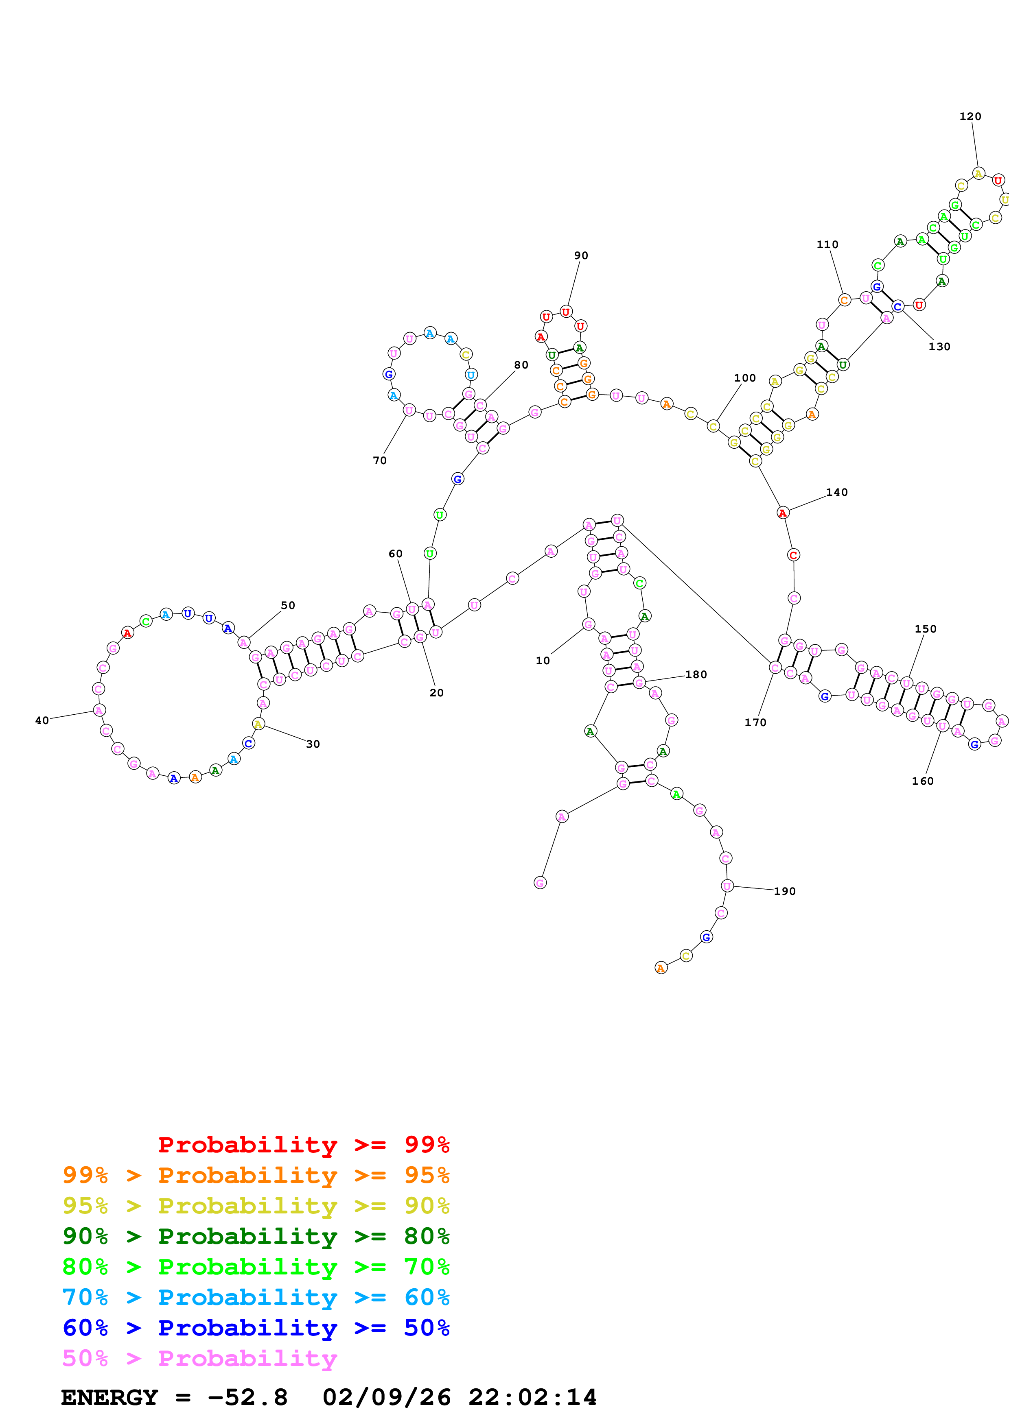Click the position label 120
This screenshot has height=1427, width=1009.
click(970, 116)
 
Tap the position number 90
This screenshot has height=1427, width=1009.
click(581, 255)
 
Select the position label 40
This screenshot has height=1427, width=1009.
click(42, 720)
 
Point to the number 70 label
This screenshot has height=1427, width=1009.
click(380, 460)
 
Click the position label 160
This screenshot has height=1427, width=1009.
click(923, 781)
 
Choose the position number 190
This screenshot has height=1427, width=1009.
click(785, 891)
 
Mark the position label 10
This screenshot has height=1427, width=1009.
click(543, 661)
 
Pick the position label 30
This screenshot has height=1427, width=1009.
click(313, 744)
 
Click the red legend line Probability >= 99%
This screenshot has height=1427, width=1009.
click(303, 1145)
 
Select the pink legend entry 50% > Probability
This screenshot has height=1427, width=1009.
click(199, 1358)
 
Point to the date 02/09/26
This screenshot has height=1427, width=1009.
click(386, 1397)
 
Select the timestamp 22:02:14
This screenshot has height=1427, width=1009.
click(532, 1397)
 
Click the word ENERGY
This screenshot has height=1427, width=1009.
click(109, 1397)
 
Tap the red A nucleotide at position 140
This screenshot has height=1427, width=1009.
click(783, 513)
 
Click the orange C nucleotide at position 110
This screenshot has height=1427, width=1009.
click(844, 300)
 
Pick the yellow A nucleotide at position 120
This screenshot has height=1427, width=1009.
click(978, 173)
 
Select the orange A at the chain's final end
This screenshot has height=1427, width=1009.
click(661, 968)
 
